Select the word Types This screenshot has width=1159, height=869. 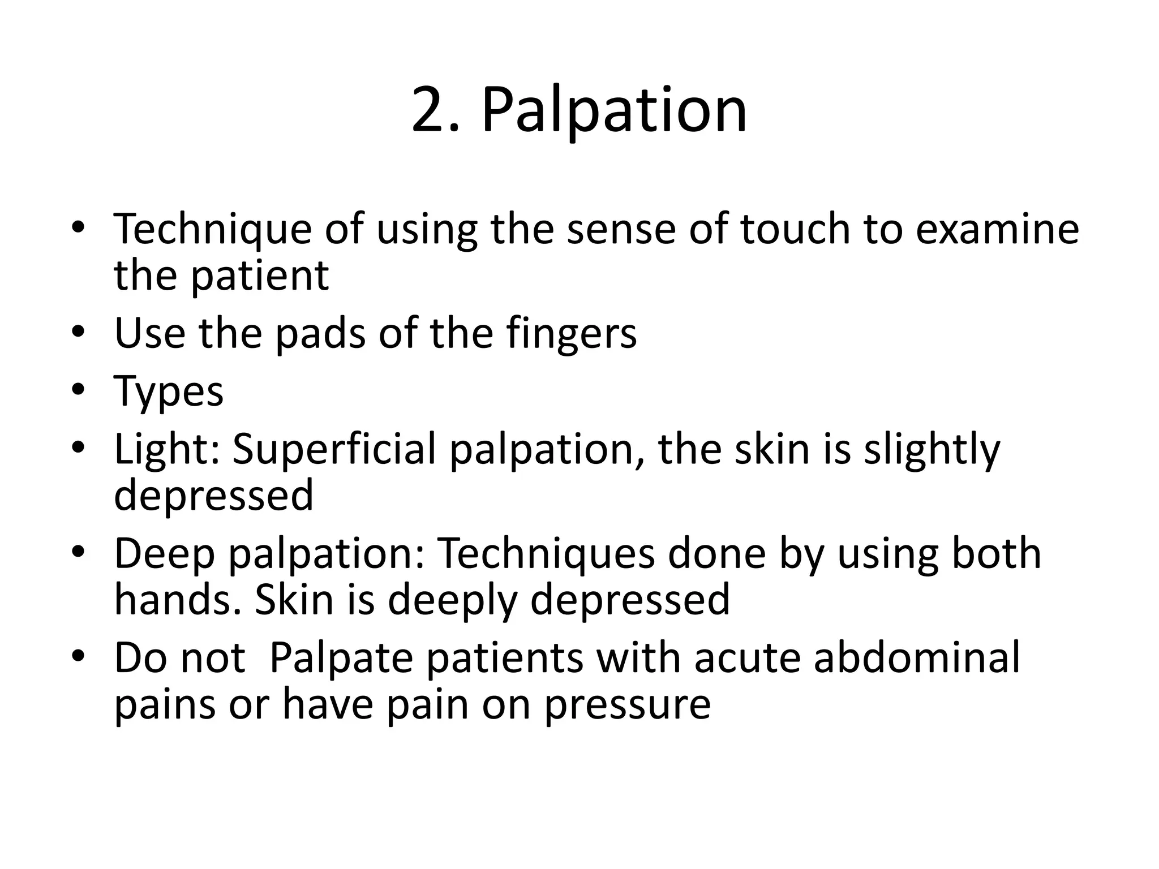[x=169, y=392]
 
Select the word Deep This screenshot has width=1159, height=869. [x=165, y=554]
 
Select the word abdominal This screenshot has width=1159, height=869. [x=917, y=657]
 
